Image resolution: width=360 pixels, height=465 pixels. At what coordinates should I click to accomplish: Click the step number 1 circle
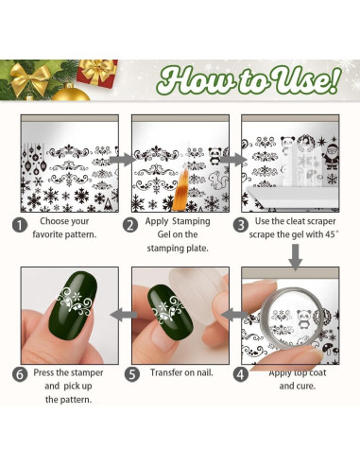pyautogui.click(x=19, y=226)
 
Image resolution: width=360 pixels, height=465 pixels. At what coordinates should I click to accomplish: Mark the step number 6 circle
pyautogui.click(x=19, y=372)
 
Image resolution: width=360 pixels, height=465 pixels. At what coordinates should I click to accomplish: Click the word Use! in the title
pyautogui.click(x=298, y=80)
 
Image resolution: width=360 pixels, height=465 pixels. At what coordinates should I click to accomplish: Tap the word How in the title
pyautogui.click(x=190, y=80)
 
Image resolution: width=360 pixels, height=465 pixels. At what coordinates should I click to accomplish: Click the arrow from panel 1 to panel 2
pyautogui.click(x=121, y=160)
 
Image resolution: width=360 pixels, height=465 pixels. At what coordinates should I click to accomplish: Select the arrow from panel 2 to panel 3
pyautogui.click(x=232, y=160)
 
